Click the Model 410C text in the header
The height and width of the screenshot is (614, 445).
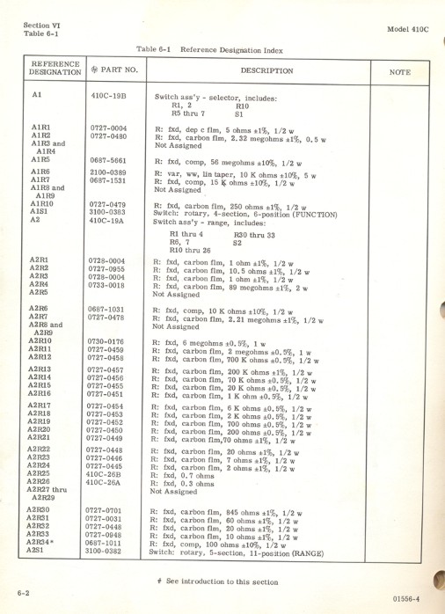tap(406, 28)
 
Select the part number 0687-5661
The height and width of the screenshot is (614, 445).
tap(108, 161)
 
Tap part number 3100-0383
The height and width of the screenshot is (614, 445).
tap(108, 211)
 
